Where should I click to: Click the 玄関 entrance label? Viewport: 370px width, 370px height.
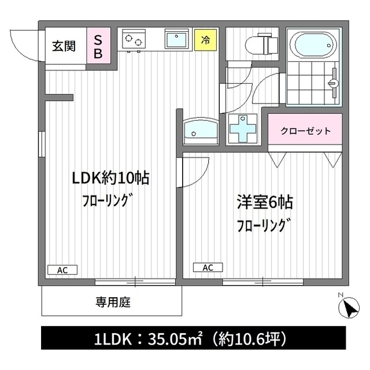pos(64,46)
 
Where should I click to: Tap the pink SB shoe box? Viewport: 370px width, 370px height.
pos(98,46)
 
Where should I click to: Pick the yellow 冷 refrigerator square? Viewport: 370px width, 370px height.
pos(205,40)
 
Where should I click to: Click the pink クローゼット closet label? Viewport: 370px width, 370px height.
pos(305,131)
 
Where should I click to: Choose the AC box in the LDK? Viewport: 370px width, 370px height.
pos(62,269)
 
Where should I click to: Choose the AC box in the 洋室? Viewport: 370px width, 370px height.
pos(208,267)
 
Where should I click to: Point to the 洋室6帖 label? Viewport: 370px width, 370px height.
pos(264,202)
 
